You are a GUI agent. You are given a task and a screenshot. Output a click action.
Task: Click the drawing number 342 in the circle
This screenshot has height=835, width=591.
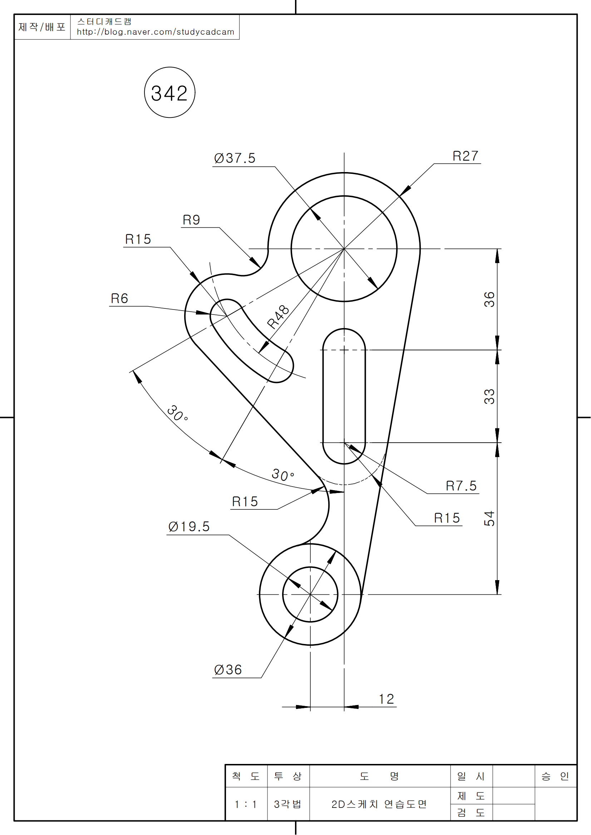click(x=169, y=93)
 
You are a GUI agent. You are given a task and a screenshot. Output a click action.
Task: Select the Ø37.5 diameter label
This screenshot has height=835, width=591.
click(x=235, y=158)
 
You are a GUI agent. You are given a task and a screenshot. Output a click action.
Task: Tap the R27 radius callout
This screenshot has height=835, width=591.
click(x=465, y=156)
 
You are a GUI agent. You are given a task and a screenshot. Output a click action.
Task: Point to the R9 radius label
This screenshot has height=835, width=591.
click(x=191, y=220)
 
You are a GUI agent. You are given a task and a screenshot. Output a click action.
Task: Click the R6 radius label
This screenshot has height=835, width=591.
click(x=119, y=298)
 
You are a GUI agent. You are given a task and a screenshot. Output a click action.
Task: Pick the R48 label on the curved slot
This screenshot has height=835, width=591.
click(x=278, y=317)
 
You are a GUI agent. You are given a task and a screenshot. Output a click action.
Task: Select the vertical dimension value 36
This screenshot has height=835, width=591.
click(x=489, y=299)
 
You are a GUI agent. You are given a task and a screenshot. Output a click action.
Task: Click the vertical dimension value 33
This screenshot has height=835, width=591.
click(x=489, y=396)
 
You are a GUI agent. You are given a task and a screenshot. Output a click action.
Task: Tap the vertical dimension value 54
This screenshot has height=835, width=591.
click(x=489, y=518)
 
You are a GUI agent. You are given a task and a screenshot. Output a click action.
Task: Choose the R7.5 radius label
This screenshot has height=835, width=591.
click(x=461, y=486)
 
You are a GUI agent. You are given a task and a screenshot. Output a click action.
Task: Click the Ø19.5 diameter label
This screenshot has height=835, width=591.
click(x=189, y=527)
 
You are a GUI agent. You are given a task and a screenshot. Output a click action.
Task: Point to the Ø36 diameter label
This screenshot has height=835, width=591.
click(x=228, y=670)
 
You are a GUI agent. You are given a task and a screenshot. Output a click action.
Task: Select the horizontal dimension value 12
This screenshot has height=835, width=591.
click(x=386, y=699)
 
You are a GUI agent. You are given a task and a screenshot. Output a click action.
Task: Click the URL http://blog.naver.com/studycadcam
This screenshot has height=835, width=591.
click(x=156, y=32)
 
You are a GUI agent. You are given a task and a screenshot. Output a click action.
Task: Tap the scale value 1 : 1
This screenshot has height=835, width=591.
click(x=246, y=804)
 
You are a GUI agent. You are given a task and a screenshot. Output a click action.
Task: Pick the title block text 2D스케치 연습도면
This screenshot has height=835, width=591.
click(x=379, y=804)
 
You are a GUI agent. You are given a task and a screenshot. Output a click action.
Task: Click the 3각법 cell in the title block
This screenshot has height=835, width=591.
click(x=288, y=804)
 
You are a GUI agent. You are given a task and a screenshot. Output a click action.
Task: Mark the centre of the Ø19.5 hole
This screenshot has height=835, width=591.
click(x=310, y=595)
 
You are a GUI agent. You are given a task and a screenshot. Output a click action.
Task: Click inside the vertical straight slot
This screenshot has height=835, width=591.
click(x=344, y=396)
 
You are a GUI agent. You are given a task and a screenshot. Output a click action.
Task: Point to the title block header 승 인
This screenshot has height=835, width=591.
click(x=555, y=776)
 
